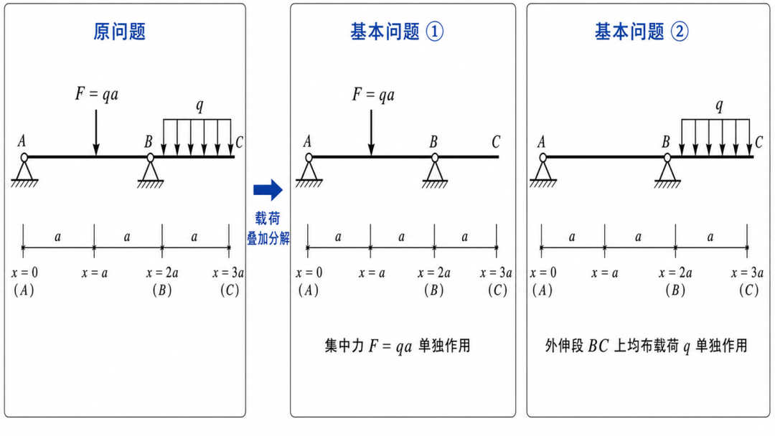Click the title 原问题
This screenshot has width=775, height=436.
tap(120, 32)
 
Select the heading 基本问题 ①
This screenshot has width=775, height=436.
tap(397, 32)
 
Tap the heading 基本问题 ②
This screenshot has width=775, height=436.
tap(642, 32)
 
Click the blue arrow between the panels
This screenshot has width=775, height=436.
tap(268, 189)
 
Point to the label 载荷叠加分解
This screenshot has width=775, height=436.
tap(268, 228)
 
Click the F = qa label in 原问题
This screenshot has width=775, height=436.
tap(97, 94)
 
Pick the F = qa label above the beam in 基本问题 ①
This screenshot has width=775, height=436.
tap(373, 95)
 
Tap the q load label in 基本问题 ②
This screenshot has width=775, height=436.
tap(719, 105)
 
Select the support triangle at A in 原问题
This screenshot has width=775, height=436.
tap(24, 171)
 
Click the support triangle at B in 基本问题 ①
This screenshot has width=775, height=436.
tap(435, 171)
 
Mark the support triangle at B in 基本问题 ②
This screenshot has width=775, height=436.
tap(667, 171)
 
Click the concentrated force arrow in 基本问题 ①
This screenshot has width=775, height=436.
tap(371, 132)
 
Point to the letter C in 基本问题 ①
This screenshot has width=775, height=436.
tap(496, 142)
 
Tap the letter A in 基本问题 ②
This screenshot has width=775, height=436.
tap(541, 142)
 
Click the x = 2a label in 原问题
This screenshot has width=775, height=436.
tap(162, 272)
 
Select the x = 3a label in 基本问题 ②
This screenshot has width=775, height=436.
tap(747, 272)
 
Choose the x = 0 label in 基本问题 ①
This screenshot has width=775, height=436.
tap(309, 272)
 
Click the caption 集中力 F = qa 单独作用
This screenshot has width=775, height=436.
tap(398, 346)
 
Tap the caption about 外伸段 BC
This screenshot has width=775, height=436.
tap(646, 346)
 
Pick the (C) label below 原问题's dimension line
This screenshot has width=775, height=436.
tap(230, 290)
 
